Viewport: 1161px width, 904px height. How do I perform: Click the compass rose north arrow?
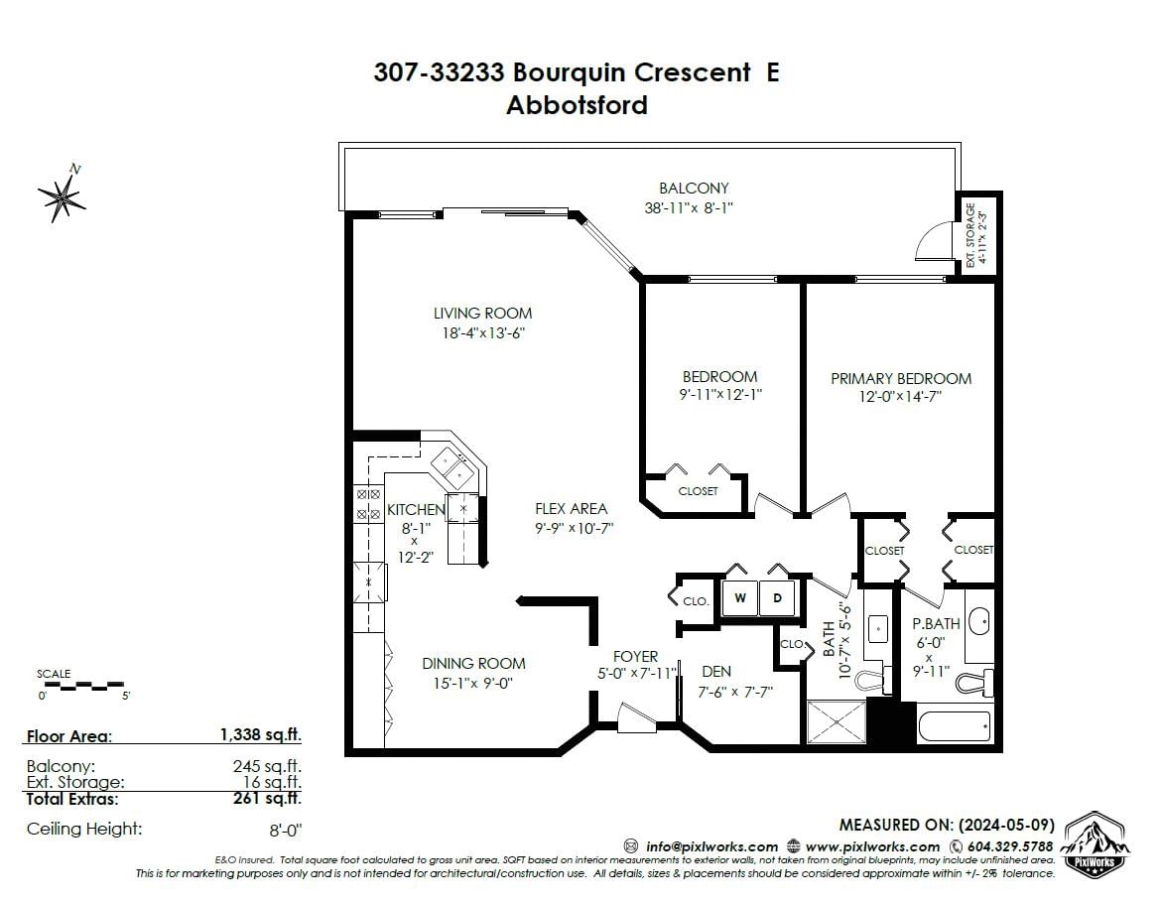tap(62, 194)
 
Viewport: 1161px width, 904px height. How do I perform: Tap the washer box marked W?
tap(740, 598)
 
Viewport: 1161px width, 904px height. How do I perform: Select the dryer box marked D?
tap(777, 598)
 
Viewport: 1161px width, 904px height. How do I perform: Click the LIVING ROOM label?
tap(483, 314)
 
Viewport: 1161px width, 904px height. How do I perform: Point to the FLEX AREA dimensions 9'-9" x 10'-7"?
tap(574, 529)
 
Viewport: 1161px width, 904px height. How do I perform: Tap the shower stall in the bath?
tap(836, 721)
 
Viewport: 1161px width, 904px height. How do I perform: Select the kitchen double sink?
tap(452, 465)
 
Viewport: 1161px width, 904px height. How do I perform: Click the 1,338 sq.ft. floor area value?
tap(261, 734)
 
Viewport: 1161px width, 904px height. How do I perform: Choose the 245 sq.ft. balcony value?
tap(267, 766)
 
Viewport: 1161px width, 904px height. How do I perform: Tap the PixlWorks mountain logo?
tap(1096, 844)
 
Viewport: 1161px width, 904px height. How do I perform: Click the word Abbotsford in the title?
tap(577, 105)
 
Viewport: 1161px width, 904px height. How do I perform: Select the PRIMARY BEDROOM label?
tap(901, 378)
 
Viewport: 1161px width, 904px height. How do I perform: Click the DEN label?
tap(716, 672)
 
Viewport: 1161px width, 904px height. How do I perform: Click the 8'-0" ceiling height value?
tap(286, 830)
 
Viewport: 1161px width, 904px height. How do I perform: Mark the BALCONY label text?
tap(694, 189)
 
